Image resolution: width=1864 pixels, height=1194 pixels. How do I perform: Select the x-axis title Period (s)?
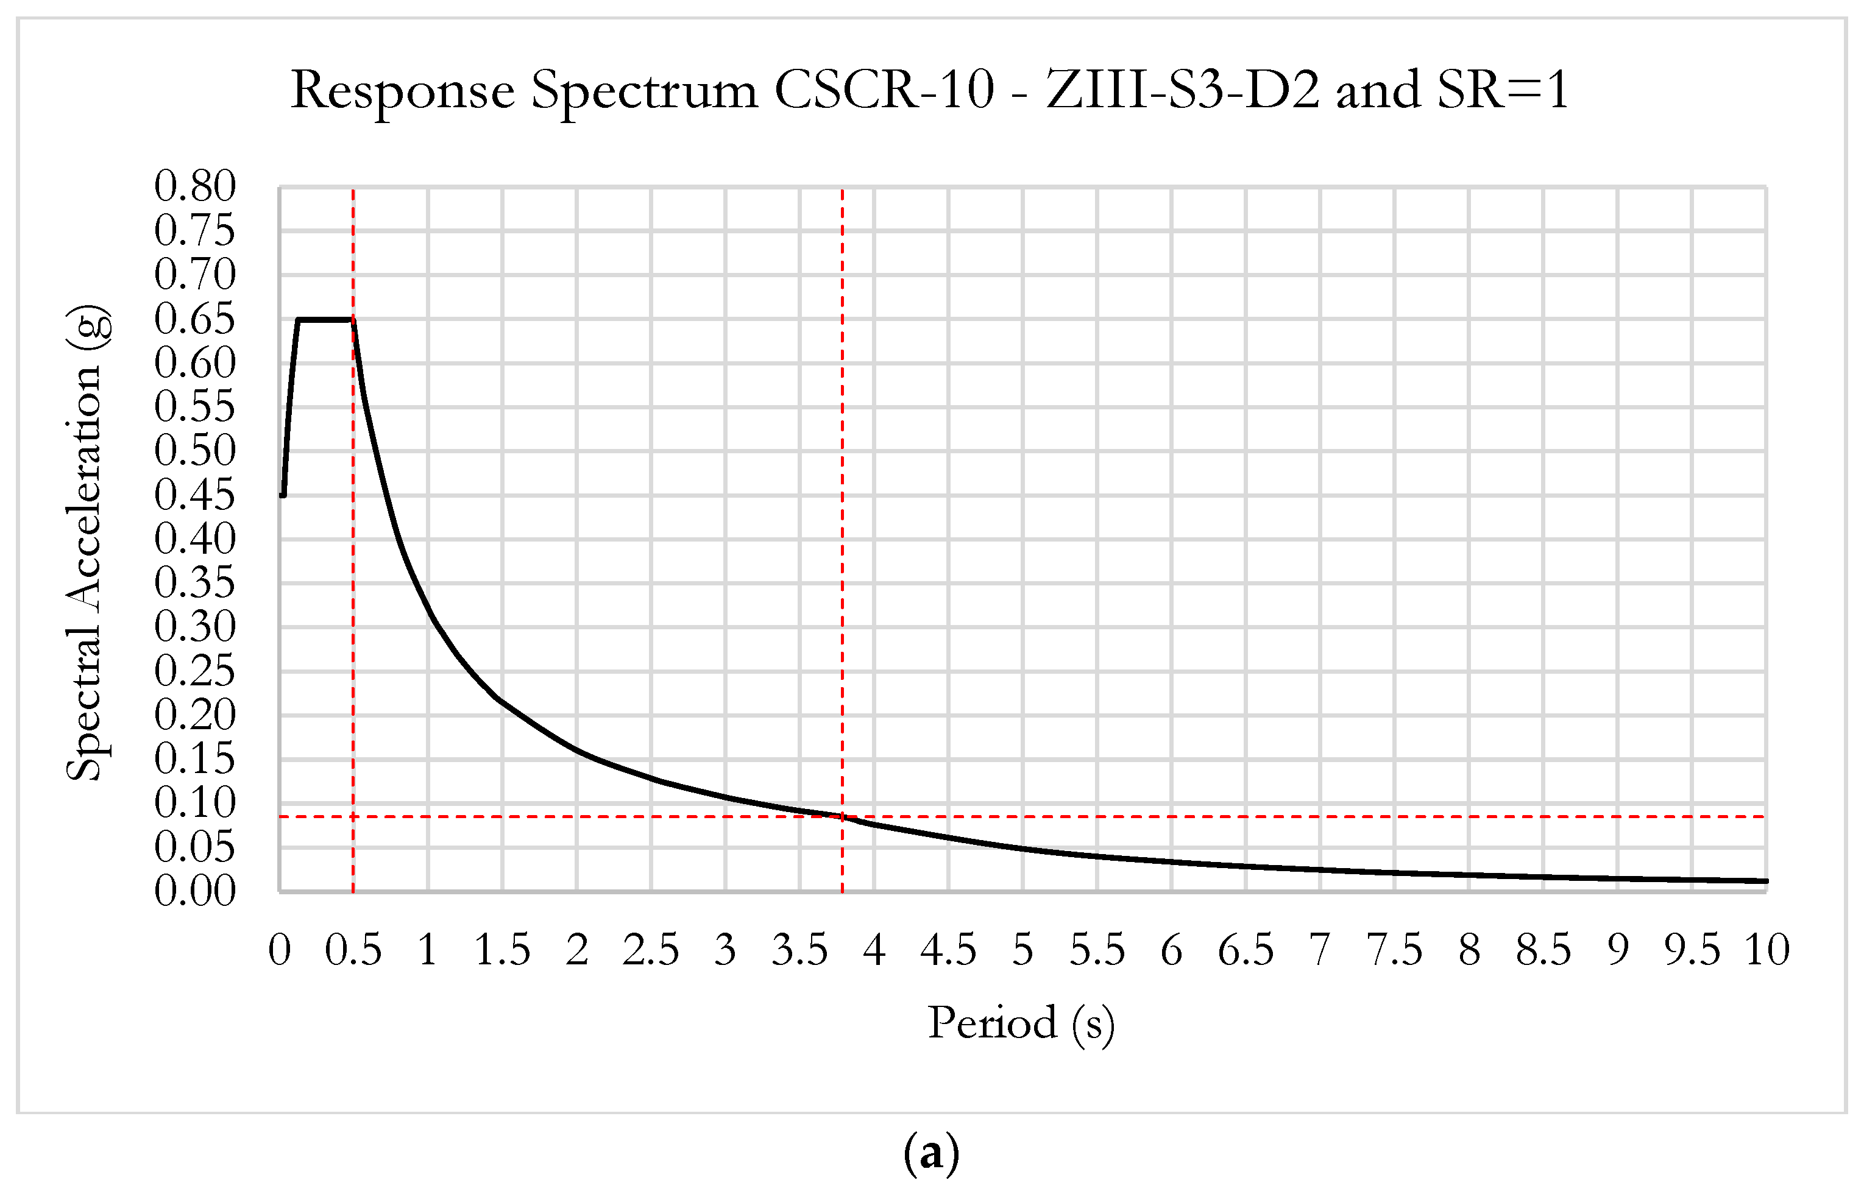[1021, 1023]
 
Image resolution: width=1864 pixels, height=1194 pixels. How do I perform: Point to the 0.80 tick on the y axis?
[194, 186]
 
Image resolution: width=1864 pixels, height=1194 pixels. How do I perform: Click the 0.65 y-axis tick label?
[194, 319]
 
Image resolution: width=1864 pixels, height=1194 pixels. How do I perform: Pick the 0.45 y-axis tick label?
[194, 495]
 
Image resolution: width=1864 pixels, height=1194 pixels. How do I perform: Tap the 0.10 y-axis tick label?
[194, 802]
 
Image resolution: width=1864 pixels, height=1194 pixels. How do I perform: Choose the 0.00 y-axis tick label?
[194, 891]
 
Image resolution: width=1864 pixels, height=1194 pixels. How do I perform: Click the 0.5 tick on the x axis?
[353, 950]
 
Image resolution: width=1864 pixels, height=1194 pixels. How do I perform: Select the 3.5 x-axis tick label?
[799, 950]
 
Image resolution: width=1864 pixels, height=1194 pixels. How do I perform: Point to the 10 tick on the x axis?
[1767, 950]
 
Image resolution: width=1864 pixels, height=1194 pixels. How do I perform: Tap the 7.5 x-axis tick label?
[1394, 950]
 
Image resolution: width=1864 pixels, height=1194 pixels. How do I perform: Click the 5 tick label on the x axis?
[1022, 950]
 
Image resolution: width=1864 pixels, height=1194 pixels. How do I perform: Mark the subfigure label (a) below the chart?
[931, 1154]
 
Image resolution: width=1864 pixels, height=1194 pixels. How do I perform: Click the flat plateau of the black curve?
[325, 319]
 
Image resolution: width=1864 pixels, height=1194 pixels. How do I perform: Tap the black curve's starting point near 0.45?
[283, 495]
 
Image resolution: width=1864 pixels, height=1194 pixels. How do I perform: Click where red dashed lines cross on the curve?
[843, 816]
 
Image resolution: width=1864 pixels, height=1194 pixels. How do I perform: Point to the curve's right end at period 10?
[1765, 881]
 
